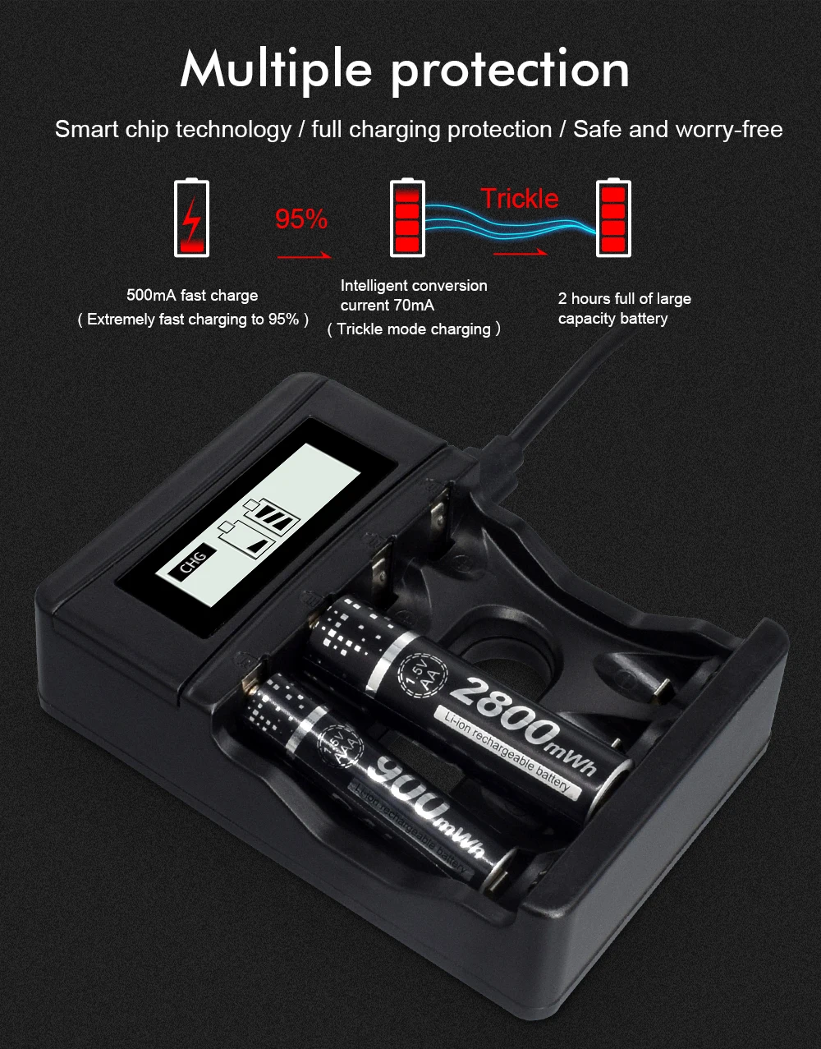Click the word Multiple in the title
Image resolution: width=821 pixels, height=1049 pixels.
(276, 69)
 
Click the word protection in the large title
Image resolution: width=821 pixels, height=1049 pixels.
(510, 71)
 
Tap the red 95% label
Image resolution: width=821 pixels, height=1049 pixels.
(301, 219)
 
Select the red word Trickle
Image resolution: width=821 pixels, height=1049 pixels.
(519, 198)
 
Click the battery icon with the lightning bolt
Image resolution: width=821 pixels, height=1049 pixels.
(191, 219)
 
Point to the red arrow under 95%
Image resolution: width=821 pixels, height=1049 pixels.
(303, 256)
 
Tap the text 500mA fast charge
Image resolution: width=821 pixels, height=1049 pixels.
(192, 296)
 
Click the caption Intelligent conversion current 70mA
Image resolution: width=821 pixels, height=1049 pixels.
(414, 296)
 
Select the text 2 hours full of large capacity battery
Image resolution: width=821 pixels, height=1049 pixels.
(624, 308)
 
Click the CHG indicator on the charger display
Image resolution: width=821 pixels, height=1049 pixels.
(194, 563)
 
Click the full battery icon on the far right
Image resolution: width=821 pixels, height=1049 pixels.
(613, 218)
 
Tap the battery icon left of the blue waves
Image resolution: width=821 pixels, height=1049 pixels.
(408, 218)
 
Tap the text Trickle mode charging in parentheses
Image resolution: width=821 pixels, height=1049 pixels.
(414, 329)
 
